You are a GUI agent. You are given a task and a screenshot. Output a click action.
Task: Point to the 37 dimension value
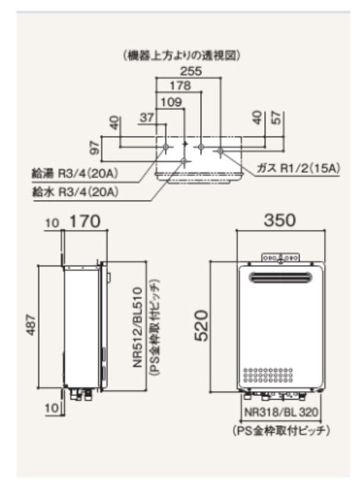[146, 118]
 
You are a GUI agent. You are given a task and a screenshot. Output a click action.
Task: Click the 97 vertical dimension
[93, 147]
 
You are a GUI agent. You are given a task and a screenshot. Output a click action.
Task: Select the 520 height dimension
[201, 325]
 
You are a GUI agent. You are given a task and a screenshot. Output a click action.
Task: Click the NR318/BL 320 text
[281, 412]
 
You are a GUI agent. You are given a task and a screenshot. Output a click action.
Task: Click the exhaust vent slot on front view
[280, 279]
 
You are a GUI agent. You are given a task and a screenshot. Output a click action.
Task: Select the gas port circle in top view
[220, 148]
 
